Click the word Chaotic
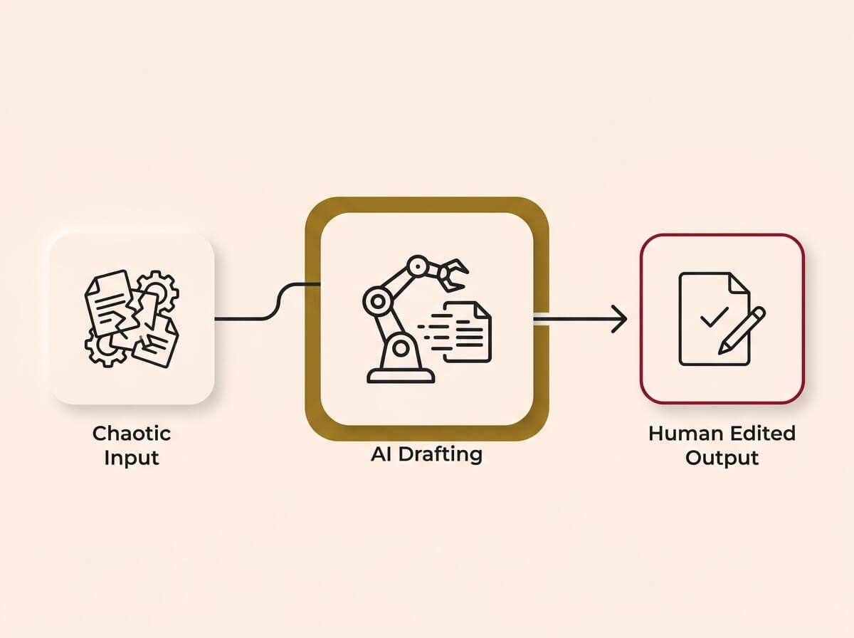[x=132, y=433]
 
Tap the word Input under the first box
[x=132, y=457]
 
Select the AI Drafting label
[x=426, y=454]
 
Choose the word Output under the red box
[x=722, y=457]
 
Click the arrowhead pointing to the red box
[x=620, y=320]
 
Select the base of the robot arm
[x=401, y=375]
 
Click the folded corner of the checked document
[x=739, y=283]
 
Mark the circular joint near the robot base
[x=401, y=349]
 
